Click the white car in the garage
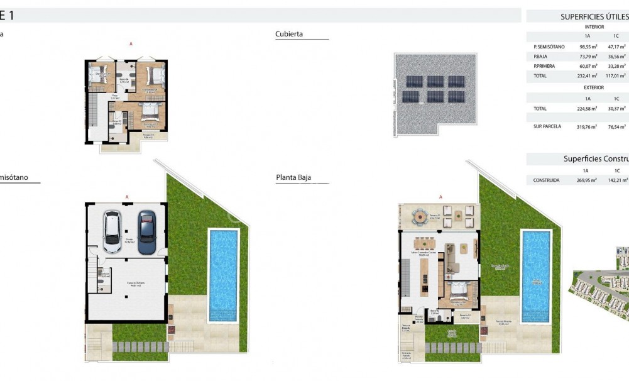pyautogui.click(x=112, y=231)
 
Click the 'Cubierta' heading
pyautogui.click(x=289, y=34)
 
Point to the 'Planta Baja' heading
pyautogui.click(x=293, y=178)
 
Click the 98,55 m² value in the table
pyautogui.click(x=588, y=47)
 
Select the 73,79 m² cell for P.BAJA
pyautogui.click(x=588, y=57)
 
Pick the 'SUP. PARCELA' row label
pyautogui.click(x=545, y=126)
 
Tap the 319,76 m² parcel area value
pyautogui.click(x=587, y=126)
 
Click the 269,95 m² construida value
pyautogui.click(x=586, y=180)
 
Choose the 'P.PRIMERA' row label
pyautogui.click(x=544, y=66)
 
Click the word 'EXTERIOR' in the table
pyautogui.click(x=594, y=87)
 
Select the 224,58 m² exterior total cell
pyautogui.click(x=588, y=108)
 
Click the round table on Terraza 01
pyautogui.click(x=419, y=217)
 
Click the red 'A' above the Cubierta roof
pyautogui.click(x=440, y=197)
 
